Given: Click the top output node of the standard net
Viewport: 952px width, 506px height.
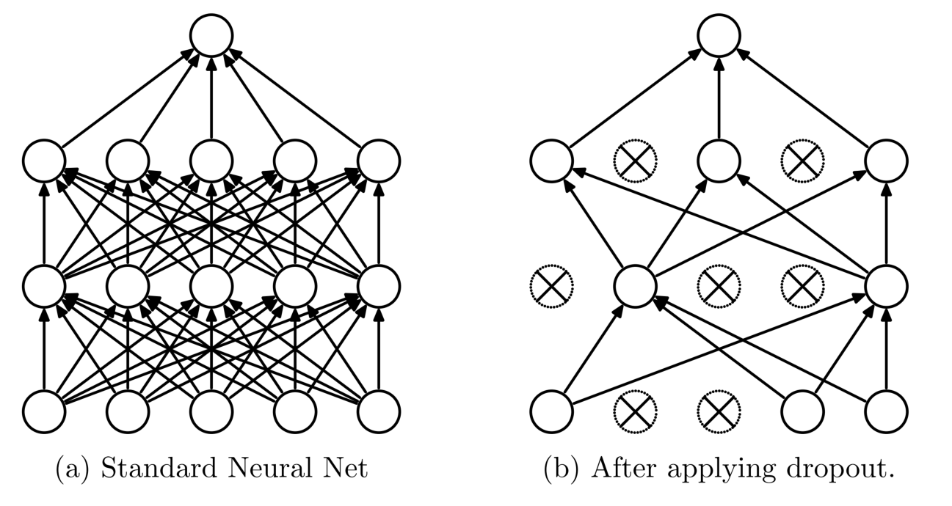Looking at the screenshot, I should [211, 34].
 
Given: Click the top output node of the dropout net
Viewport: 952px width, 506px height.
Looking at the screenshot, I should [719, 34].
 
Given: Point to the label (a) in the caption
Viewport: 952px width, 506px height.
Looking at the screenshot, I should [73, 469].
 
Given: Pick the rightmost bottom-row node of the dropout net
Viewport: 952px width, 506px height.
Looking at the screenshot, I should [887, 411].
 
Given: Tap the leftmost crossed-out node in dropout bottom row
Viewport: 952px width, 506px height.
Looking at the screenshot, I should [635, 411].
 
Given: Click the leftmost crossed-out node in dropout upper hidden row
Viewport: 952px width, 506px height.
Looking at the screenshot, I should [635, 160].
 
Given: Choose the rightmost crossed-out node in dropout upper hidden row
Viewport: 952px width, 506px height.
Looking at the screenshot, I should [802, 160].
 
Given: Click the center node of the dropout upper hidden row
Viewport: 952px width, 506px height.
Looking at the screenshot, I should [719, 160].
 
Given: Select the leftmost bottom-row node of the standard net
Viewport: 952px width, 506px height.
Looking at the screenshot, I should [44, 411].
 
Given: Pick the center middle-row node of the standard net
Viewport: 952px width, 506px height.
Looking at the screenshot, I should [211, 286].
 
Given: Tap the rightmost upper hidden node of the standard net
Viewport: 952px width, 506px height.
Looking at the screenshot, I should [379, 160].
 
